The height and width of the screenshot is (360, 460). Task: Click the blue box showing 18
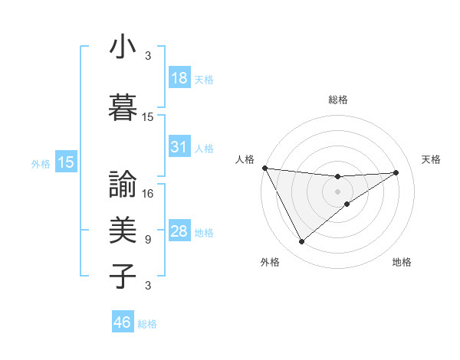click(179, 78)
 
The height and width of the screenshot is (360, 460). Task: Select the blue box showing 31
click(179, 146)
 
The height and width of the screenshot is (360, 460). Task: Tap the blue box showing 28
click(179, 231)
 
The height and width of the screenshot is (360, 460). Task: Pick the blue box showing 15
click(66, 162)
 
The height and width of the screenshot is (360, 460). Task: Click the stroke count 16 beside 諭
click(149, 194)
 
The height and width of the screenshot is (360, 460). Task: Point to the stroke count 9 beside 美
click(148, 240)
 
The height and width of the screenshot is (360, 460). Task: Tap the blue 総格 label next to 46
click(147, 324)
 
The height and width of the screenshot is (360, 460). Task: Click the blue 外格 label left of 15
click(41, 163)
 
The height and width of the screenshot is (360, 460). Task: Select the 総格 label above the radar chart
click(338, 100)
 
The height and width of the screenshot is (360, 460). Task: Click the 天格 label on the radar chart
click(432, 159)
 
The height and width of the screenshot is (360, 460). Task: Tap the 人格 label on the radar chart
click(245, 159)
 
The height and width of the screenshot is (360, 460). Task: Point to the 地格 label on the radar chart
click(402, 263)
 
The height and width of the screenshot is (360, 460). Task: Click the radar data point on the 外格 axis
click(301, 242)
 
